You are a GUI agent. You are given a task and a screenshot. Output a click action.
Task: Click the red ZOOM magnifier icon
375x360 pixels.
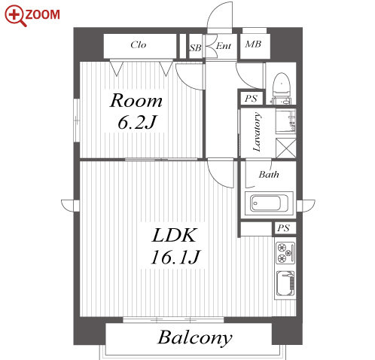tap(16, 16)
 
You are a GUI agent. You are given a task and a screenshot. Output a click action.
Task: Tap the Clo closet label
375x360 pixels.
tap(139, 45)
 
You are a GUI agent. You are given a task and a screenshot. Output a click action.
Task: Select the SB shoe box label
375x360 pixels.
tap(195, 47)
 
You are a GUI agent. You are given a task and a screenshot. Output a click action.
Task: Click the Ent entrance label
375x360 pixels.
tap(223, 46)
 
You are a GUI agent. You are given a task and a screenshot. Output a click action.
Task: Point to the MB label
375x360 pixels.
tap(253, 44)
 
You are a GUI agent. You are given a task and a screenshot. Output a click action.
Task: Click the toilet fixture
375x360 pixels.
tap(282, 88)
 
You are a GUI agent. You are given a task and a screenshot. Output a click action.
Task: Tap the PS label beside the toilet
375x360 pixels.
tap(251, 98)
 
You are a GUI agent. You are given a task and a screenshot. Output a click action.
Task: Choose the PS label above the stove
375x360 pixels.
tap(284, 228)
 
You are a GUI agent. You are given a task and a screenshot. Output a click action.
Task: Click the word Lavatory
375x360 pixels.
tap(256, 132)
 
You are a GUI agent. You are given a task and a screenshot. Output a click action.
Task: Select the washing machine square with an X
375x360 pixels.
tap(286, 148)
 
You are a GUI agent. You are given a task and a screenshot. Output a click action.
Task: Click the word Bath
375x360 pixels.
tap(269, 174)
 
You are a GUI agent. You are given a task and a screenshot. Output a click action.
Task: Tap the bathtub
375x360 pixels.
tap(269, 203)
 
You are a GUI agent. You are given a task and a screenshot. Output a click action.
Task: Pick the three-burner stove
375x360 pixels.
tap(285, 253)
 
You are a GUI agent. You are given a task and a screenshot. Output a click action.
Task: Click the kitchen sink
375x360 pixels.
tap(285, 283)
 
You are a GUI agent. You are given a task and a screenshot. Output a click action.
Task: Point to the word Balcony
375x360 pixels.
tap(195, 337)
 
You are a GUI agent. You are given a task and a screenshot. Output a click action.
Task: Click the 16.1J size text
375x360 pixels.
tap(175, 257)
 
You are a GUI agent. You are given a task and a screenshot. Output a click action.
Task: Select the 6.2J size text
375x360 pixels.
tap(137, 122)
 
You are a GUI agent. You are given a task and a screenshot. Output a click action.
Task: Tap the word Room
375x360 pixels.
tap(136, 101)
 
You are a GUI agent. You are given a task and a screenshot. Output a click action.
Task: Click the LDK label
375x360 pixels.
tap(174, 235)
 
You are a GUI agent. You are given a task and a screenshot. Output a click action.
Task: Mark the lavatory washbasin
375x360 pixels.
tap(286, 121)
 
